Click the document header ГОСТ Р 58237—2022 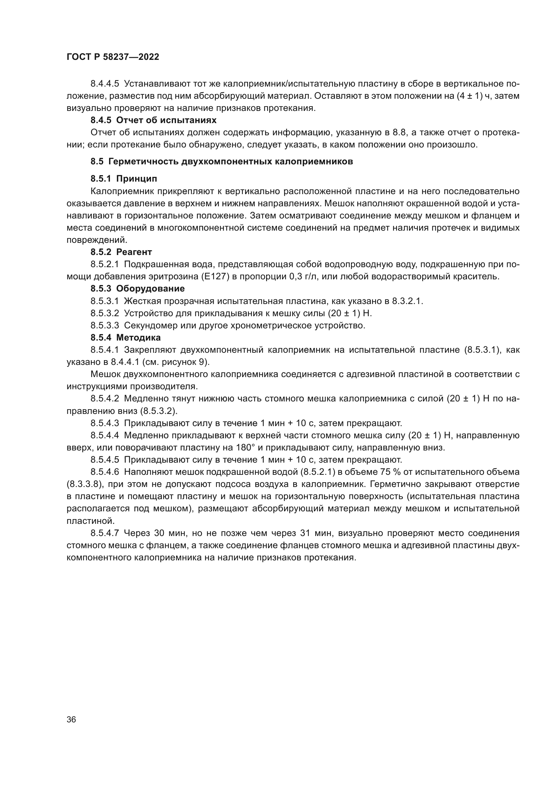tap(113, 57)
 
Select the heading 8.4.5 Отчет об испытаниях tap(153, 120)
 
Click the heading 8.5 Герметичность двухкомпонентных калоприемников tap(222, 162)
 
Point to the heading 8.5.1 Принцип tap(124, 179)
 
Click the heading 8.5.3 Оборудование tap(137, 289)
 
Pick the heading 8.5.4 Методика tap(126, 338)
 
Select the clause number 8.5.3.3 tap(105, 326)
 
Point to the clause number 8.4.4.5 tap(105, 84)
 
